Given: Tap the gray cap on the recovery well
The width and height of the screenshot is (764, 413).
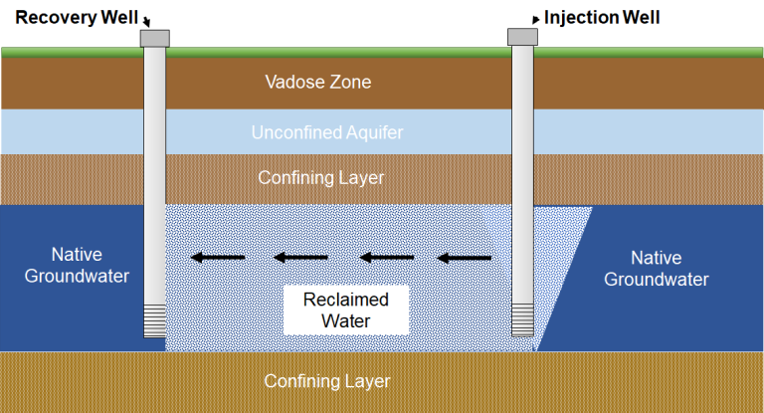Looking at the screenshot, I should tap(154, 37).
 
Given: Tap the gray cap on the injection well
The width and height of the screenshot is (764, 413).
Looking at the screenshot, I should tap(523, 37).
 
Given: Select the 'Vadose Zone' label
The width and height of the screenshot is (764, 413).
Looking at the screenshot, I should tap(318, 82).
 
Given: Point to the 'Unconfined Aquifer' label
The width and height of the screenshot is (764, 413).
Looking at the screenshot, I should tap(327, 131).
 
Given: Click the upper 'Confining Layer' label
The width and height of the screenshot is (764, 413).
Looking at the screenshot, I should tap(320, 178).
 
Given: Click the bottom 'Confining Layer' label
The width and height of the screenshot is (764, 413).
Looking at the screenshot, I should tap(326, 381).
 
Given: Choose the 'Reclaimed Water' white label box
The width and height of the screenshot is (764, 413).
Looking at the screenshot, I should tap(346, 310).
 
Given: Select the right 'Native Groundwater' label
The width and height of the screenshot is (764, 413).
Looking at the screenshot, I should tap(656, 269).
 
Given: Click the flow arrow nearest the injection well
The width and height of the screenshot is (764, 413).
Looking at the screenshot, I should tap(465, 259).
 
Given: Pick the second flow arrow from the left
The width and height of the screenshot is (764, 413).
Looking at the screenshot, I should tap(300, 259).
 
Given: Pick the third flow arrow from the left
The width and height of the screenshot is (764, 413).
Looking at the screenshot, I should tap(385, 259).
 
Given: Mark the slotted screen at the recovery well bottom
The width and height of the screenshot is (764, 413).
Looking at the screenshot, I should tap(154, 321).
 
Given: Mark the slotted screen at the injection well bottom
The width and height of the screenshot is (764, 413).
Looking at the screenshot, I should tap(523, 321).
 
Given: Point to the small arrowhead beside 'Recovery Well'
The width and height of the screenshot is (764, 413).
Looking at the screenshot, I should tap(146, 22).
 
